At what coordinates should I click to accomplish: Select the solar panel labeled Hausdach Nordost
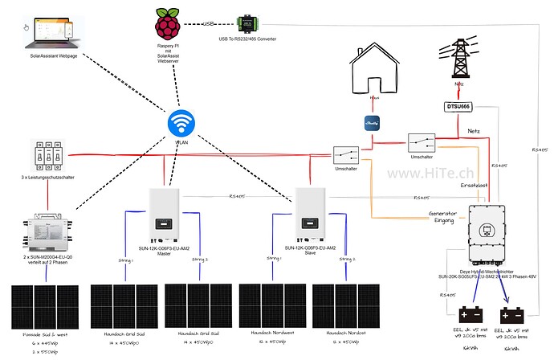(343, 303)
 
